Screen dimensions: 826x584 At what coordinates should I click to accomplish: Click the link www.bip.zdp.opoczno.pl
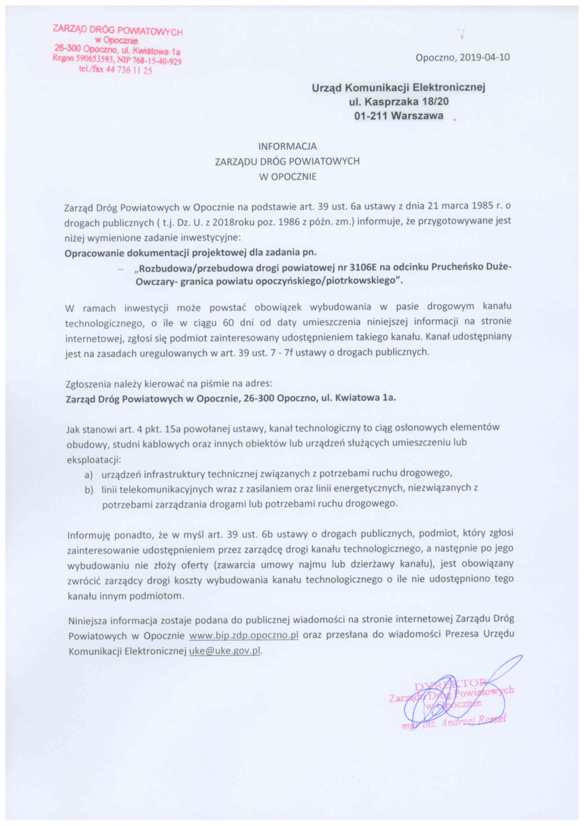244,635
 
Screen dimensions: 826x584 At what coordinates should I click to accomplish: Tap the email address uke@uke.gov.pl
224,651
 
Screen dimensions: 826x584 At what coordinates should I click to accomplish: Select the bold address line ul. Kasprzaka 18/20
399,102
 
